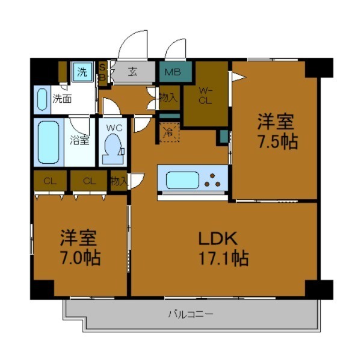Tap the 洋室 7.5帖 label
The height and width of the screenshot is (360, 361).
click(276, 132)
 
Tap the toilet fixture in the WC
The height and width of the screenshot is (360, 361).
click(113, 148)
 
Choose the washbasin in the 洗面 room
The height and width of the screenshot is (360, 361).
click(42, 99)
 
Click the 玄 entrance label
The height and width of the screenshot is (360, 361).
click(132, 72)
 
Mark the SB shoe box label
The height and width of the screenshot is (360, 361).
click(102, 72)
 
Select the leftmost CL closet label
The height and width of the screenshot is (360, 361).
click(50, 180)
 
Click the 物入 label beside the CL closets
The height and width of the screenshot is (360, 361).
click(119, 181)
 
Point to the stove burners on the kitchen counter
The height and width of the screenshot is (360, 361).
click(214, 179)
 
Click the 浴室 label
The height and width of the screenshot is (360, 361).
click(80, 140)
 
